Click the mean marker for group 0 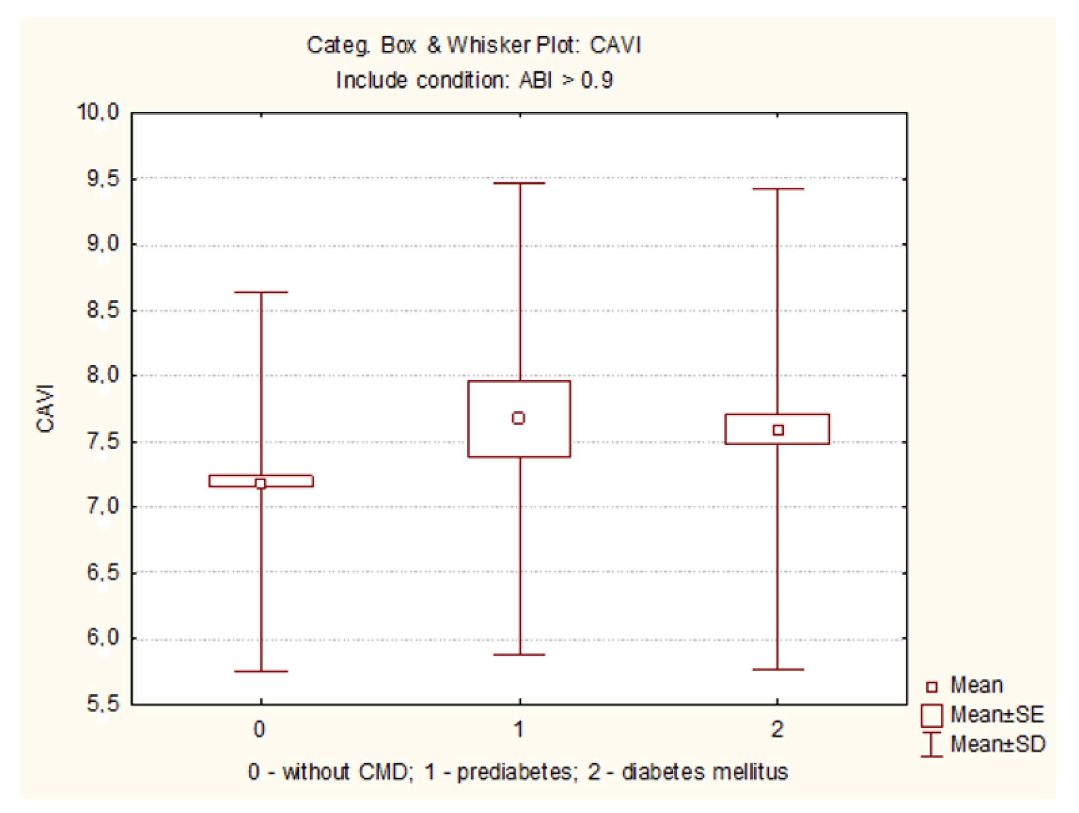[x=260, y=484]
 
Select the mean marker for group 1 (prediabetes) [x=519, y=418]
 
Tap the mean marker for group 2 [x=778, y=430]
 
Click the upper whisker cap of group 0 [x=261, y=292]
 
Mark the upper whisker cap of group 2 [x=778, y=189]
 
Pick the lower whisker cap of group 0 [x=261, y=671]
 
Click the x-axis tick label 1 [x=519, y=729]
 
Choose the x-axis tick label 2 [x=777, y=729]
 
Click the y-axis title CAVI [x=45, y=409]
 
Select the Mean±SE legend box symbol [x=931, y=715]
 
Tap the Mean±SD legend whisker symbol [x=931, y=744]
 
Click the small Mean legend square [x=932, y=687]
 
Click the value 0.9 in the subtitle [x=596, y=80]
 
